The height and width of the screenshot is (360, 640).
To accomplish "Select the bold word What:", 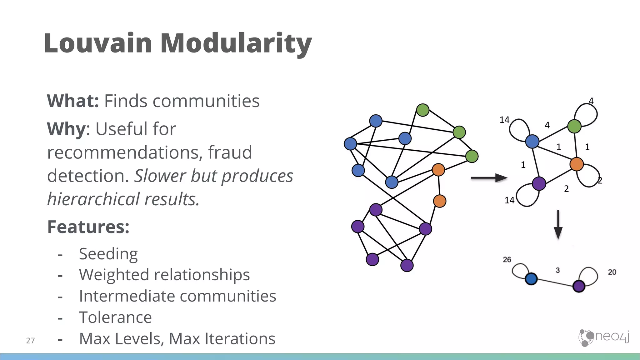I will click(73, 101).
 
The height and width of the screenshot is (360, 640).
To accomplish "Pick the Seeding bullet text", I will click(108, 254).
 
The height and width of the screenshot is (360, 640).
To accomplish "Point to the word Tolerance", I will click(115, 317).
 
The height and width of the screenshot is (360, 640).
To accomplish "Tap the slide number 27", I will click(30, 340).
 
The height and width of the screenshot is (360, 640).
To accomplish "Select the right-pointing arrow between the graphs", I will click(489, 178).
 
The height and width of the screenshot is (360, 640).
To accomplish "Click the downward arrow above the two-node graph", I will click(558, 224).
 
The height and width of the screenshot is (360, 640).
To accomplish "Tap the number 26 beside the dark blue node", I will click(507, 260).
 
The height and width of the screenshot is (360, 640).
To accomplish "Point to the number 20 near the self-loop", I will click(612, 272).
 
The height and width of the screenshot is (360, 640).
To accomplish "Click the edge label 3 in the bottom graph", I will click(557, 270).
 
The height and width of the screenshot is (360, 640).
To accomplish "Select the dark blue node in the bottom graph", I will click(531, 278).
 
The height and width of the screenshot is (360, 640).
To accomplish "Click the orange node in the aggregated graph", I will click(577, 164).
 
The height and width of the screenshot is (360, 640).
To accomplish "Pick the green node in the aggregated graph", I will click(574, 126).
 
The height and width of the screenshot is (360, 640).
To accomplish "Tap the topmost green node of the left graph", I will click(423, 110).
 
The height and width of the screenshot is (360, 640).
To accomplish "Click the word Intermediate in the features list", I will click(126, 296).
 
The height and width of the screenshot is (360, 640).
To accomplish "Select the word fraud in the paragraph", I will click(230, 152).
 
